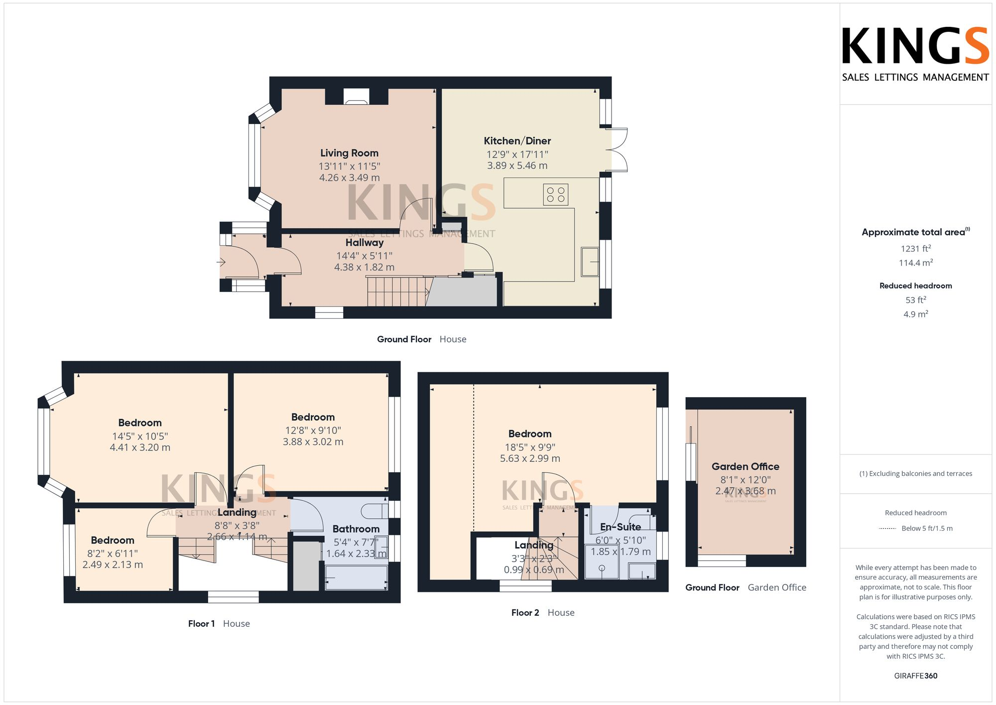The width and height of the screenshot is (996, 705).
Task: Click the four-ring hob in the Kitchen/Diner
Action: pyautogui.click(x=556, y=194)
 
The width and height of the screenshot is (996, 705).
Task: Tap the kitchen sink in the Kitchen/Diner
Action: pyautogui.click(x=591, y=261)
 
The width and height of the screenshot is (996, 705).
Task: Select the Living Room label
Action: pyautogui.click(x=349, y=153)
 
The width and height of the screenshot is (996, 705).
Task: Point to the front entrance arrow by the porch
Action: pyautogui.click(x=222, y=262)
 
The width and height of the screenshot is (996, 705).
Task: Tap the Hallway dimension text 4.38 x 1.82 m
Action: pyautogui.click(x=364, y=267)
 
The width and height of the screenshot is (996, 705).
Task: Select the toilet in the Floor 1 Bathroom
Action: pyautogui.click(x=374, y=511)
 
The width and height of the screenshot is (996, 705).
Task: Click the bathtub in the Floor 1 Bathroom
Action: pyautogui.click(x=356, y=578)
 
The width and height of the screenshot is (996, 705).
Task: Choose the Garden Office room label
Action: pyautogui.click(x=745, y=466)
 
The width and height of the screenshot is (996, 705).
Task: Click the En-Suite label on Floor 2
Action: pyautogui.click(x=620, y=527)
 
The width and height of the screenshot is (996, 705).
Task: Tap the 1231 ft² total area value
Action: pyautogui.click(x=915, y=248)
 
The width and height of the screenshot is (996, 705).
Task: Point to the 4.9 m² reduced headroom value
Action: pyautogui.click(x=915, y=314)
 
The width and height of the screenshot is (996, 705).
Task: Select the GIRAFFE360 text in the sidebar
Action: pyautogui.click(x=915, y=676)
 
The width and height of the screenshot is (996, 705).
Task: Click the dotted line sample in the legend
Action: pyautogui.click(x=887, y=528)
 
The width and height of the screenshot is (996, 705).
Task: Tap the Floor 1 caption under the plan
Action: pyautogui.click(x=201, y=623)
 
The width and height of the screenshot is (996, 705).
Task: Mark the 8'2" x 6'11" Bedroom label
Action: pyautogui.click(x=113, y=540)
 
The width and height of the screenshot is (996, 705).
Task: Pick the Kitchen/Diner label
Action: pyautogui.click(x=517, y=141)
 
